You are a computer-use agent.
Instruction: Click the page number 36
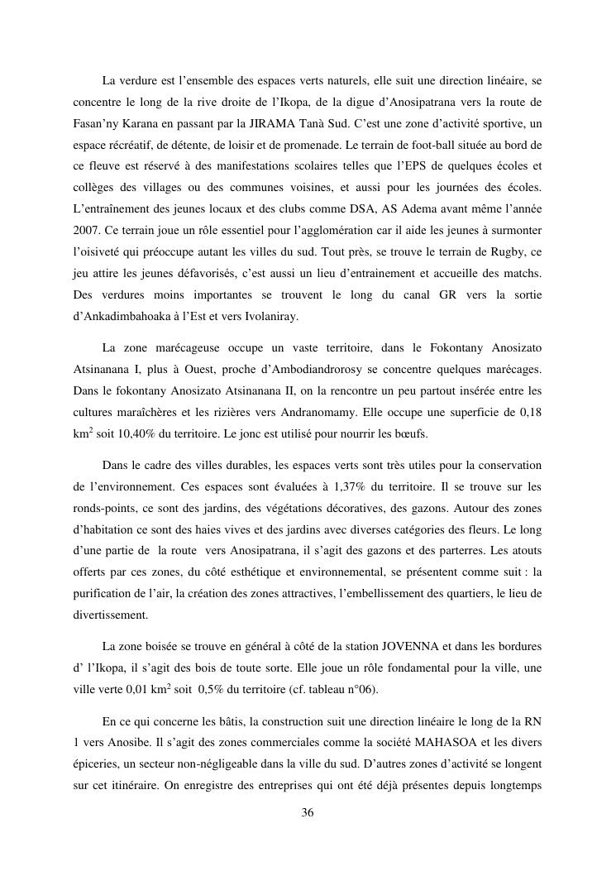pyautogui.click(x=308, y=813)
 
